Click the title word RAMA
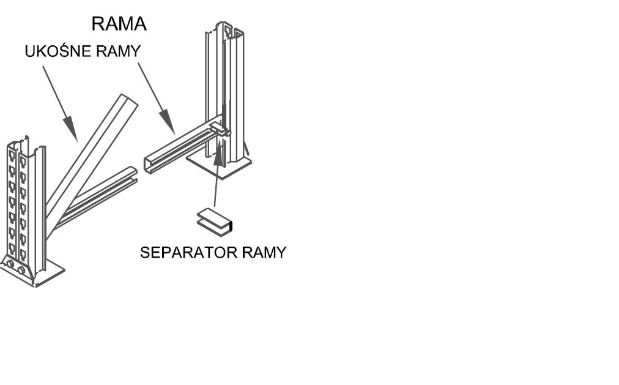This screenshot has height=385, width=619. pos(119,24)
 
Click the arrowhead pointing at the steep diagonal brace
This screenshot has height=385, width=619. pos(72,132)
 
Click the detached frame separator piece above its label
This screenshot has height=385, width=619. pos(215,221)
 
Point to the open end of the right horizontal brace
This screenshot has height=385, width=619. pos(149,164)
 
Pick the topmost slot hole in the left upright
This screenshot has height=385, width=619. pos(12,154)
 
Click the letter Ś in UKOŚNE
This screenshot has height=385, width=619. pos(59,51)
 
